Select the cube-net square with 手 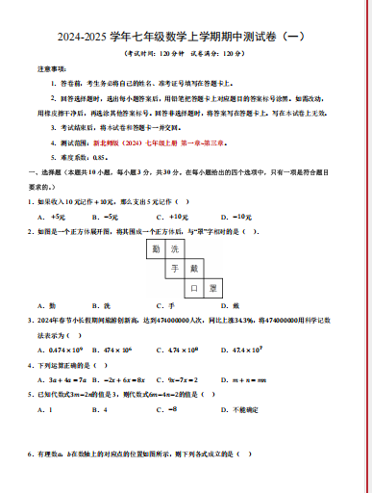click(175, 269)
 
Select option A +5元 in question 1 click(44, 217)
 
